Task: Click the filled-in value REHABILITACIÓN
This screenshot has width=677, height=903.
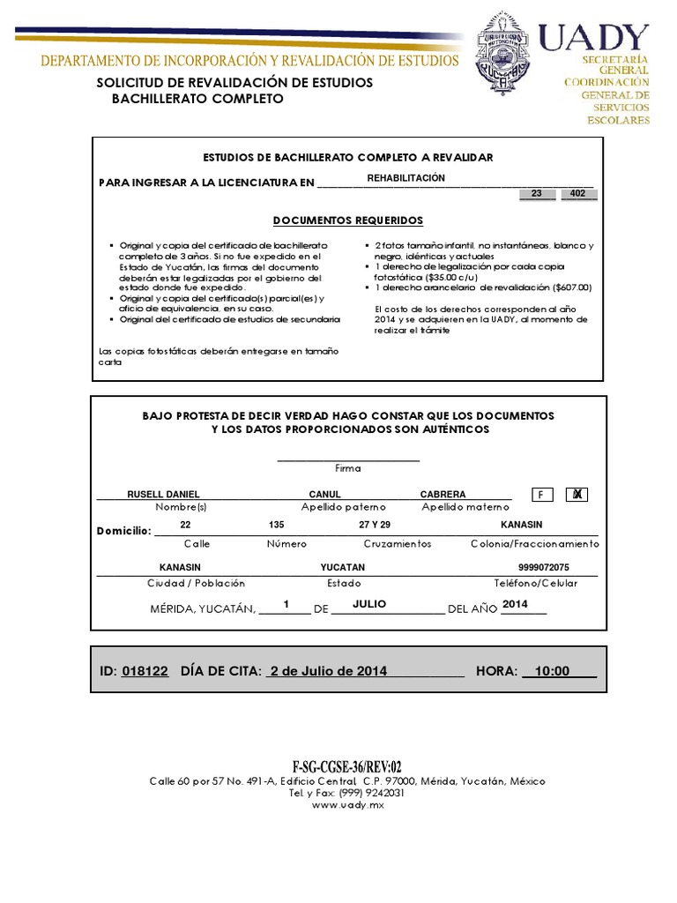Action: click(x=406, y=178)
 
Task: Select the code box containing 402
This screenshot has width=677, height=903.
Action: click(x=578, y=193)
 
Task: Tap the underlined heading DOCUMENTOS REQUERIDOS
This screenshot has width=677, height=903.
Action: click(x=347, y=220)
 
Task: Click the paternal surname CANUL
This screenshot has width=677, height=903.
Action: click(x=324, y=495)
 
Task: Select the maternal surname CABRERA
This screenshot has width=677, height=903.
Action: click(x=443, y=495)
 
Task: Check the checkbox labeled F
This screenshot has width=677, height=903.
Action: click(x=541, y=496)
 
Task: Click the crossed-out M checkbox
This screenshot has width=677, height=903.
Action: click(x=577, y=495)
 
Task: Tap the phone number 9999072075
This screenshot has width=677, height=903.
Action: click(x=544, y=568)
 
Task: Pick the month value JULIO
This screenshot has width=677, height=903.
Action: click(x=369, y=604)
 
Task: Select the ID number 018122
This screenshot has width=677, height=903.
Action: click(x=145, y=671)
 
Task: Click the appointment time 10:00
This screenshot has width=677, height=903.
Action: click(x=552, y=671)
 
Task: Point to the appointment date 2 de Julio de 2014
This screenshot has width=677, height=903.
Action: click(x=329, y=671)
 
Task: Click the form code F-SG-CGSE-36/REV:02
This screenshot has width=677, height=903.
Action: click(x=347, y=767)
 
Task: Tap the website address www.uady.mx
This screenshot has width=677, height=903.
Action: click(x=347, y=805)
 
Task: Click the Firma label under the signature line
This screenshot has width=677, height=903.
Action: click(x=347, y=468)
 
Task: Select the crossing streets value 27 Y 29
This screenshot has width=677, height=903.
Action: click(x=375, y=525)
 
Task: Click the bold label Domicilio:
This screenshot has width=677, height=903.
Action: click(x=123, y=531)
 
